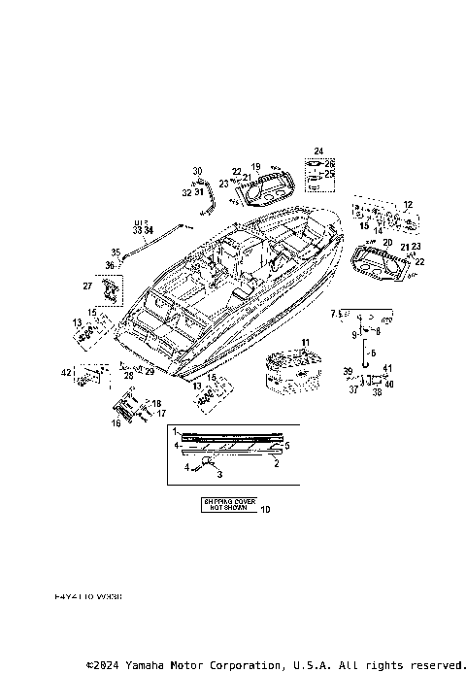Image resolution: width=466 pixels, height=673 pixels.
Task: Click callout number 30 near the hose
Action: tap(197, 170)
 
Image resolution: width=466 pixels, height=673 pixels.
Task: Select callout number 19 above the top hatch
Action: tap(256, 167)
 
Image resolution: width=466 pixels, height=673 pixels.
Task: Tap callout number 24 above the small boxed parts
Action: tap(316, 151)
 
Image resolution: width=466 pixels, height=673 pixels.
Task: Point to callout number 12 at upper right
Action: tap(408, 204)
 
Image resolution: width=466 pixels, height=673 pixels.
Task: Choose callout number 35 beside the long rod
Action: tap(115, 251)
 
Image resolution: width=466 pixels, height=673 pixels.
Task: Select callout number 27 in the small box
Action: tap(86, 286)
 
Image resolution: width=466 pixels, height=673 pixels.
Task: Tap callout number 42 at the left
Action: tap(65, 372)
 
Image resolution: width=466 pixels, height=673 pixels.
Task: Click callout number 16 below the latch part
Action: tap(117, 423)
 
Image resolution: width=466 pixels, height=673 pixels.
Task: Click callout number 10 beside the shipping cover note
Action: tap(267, 510)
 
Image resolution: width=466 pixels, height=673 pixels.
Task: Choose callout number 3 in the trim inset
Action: tap(219, 473)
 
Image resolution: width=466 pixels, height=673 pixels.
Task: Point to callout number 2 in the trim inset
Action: tap(278, 463)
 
